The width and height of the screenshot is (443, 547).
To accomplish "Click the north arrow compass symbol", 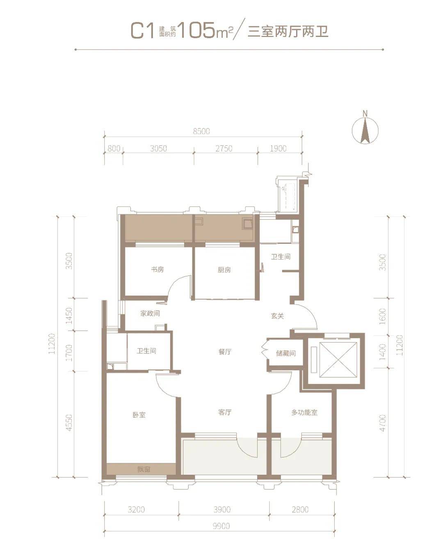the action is pos(365,130).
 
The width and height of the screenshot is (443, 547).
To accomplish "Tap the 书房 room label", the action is pos(157,270).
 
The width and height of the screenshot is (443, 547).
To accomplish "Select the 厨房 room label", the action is pos(224,270).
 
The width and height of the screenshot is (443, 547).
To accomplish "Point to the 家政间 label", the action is pos(150,313).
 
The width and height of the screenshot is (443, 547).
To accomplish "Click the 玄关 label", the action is pos(278,316).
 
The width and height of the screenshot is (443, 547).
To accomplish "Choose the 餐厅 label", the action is pos(225,352).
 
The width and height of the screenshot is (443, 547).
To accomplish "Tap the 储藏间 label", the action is pos(286,354).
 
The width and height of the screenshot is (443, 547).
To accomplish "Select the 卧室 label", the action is pos(139,415).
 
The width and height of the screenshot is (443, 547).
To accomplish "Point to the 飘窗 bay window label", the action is pos(144,469).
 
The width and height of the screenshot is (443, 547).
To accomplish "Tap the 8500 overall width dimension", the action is pos(201,131).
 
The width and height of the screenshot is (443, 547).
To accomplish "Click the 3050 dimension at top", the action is pos(158,148).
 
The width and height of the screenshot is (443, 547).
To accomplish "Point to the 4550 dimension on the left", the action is pos(69,423).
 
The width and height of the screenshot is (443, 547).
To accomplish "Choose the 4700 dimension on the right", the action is pos(382,423).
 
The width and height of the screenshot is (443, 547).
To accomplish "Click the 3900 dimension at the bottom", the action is pos(222,509).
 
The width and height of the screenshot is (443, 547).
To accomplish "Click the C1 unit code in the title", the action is pos(142,30).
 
